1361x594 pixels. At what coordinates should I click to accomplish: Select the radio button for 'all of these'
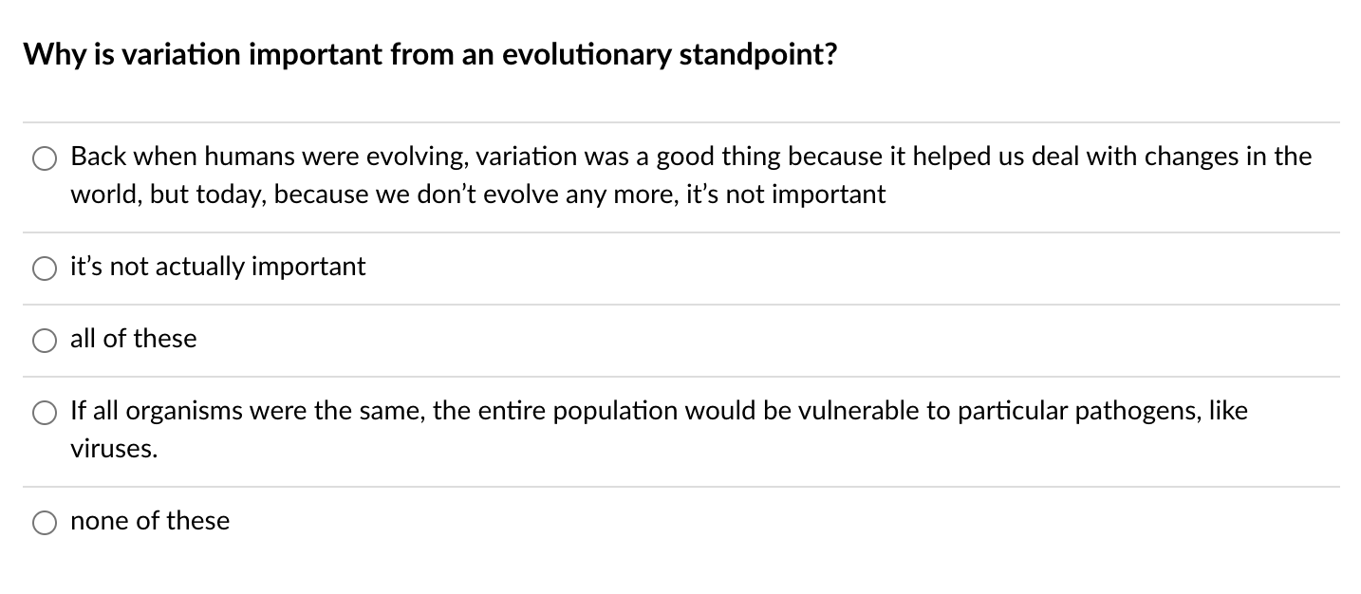click(x=45, y=341)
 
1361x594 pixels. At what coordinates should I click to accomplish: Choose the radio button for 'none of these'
click(x=45, y=523)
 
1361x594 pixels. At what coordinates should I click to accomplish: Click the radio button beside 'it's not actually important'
click(x=45, y=269)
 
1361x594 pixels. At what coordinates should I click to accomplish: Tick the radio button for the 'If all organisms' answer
click(x=45, y=413)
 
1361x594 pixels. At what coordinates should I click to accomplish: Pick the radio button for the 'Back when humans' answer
click(x=45, y=158)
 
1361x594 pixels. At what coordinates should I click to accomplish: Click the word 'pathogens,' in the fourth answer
click(x=1141, y=411)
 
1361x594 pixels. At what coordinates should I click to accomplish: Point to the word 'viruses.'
click(x=114, y=450)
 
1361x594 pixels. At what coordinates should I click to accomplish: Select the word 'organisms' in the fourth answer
click(x=180, y=411)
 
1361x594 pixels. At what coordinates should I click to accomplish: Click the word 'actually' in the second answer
click(x=198, y=267)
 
